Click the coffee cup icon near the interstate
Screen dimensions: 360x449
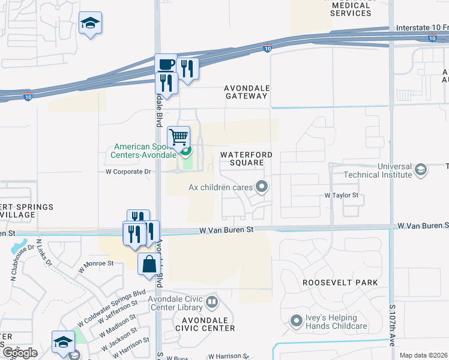tap(166, 64)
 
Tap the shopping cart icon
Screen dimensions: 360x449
tap(178, 137)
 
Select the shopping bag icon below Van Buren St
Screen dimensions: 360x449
tap(149, 264)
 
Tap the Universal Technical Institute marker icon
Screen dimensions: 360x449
tap(421, 170)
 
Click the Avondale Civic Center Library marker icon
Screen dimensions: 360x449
tap(211, 301)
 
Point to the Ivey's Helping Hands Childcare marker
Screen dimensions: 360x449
tap(295, 322)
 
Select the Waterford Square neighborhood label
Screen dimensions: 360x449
tap(246, 158)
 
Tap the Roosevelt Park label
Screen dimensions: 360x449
tap(340, 283)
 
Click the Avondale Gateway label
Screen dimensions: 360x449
tap(246, 92)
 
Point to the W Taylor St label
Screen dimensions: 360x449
tap(341, 196)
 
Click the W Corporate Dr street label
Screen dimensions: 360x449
tap(128, 171)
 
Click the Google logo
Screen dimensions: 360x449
tap(19, 353)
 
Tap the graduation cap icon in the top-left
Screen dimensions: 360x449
tap(90, 23)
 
